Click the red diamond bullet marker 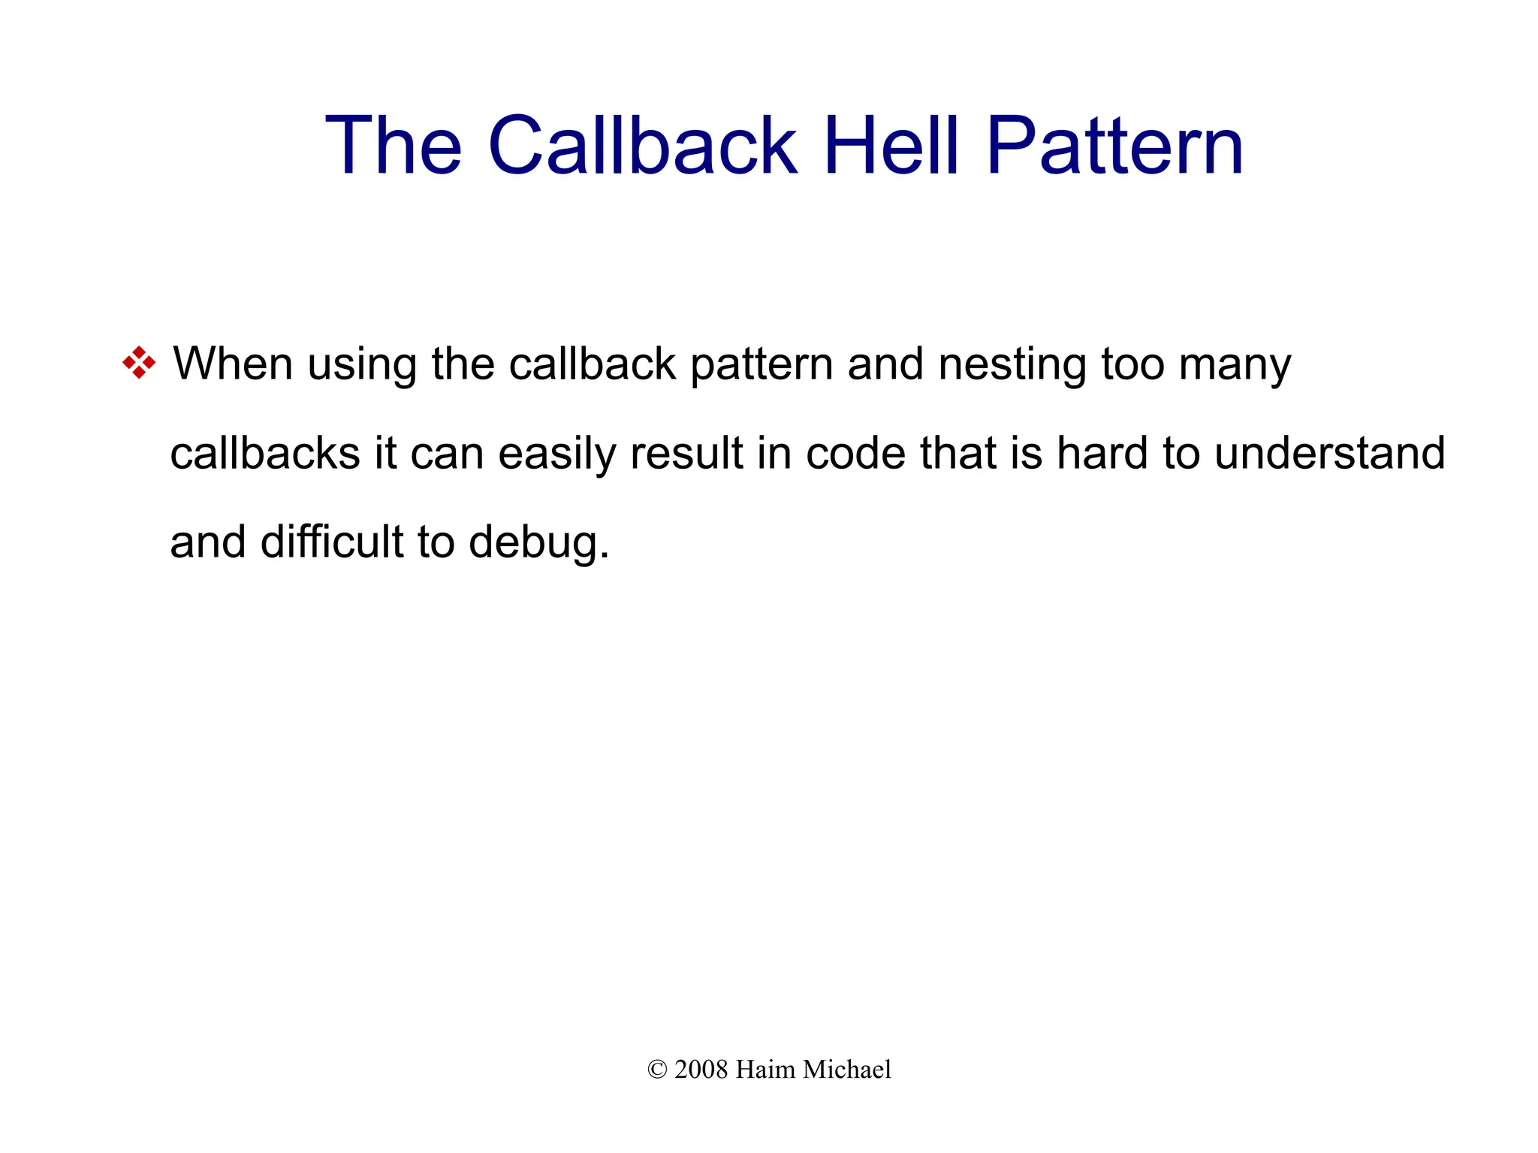[x=139, y=363]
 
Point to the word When [x=233, y=364]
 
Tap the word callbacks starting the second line [x=265, y=454]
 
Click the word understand [x=1329, y=454]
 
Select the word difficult [x=332, y=542]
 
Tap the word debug [x=538, y=543]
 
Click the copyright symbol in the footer [x=657, y=1070]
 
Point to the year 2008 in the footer [x=701, y=1070]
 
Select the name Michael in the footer [x=847, y=1070]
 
